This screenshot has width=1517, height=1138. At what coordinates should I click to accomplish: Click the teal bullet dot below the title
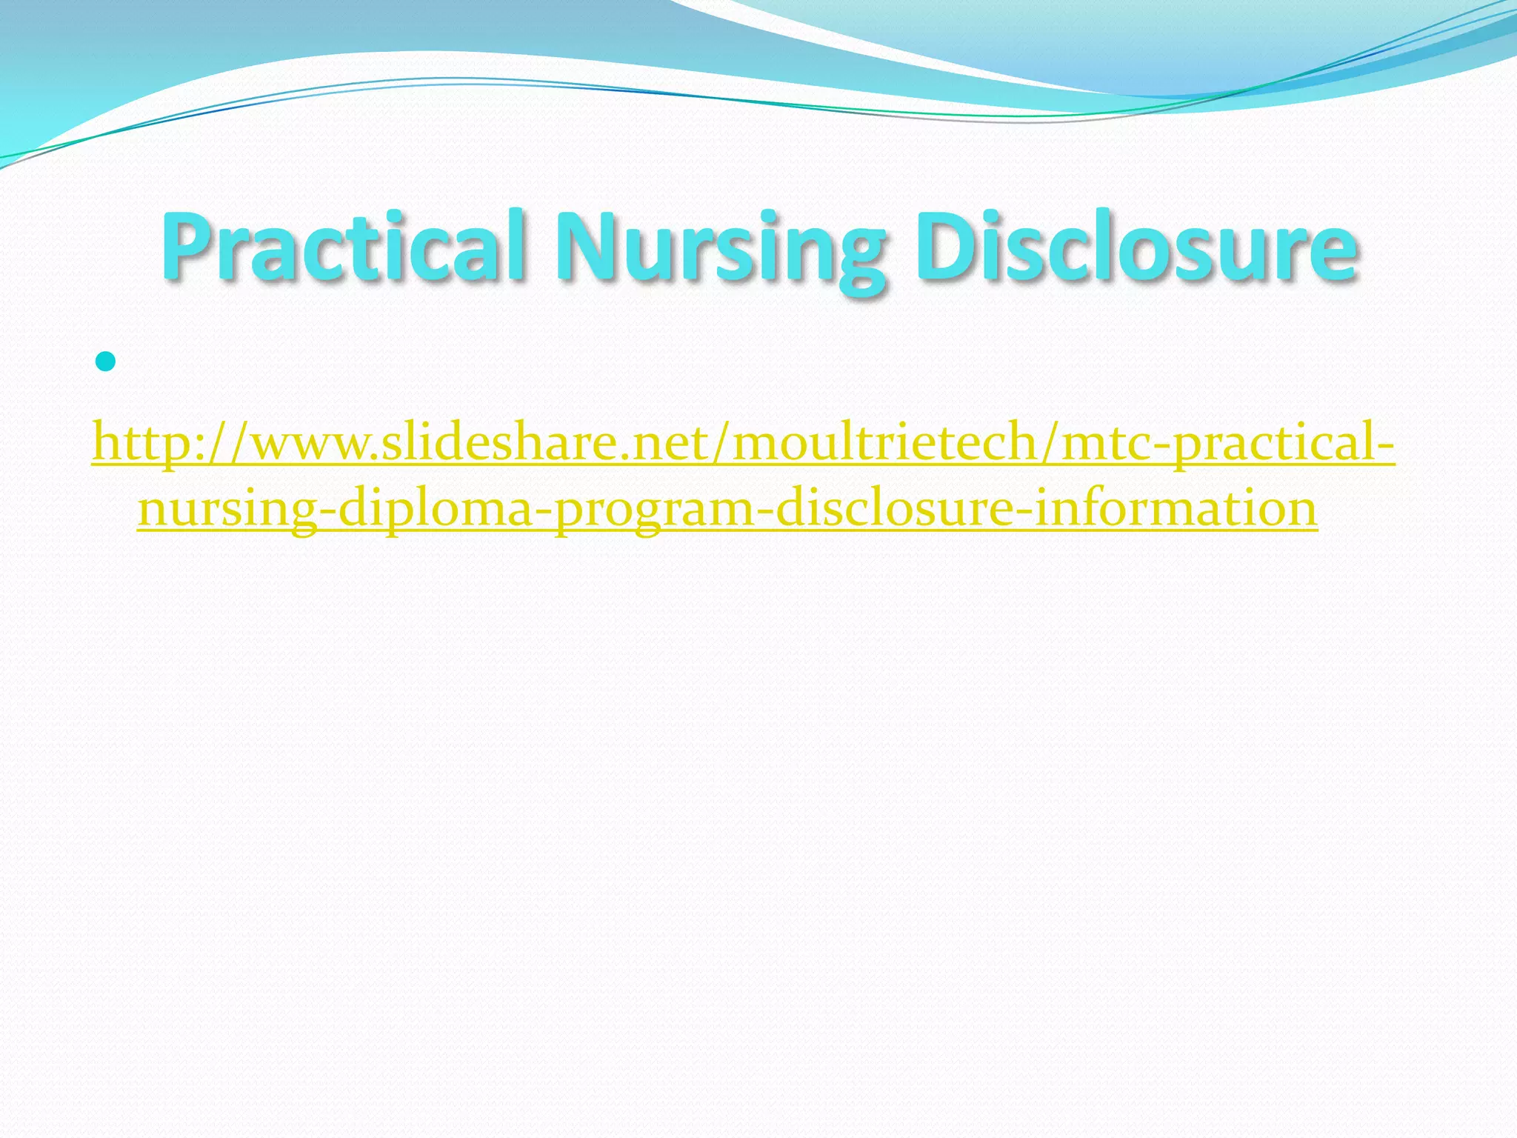(106, 362)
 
